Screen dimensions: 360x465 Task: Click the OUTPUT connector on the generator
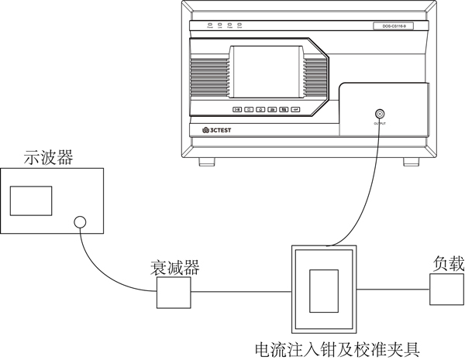click(379, 113)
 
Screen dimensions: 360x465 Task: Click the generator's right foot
click(410, 162)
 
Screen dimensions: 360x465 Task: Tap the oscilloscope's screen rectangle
click(31, 201)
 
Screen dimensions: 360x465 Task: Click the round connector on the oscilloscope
click(80, 223)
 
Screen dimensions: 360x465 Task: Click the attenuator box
click(174, 293)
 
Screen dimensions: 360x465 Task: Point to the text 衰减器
click(174, 268)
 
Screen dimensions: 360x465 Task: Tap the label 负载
click(448, 263)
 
